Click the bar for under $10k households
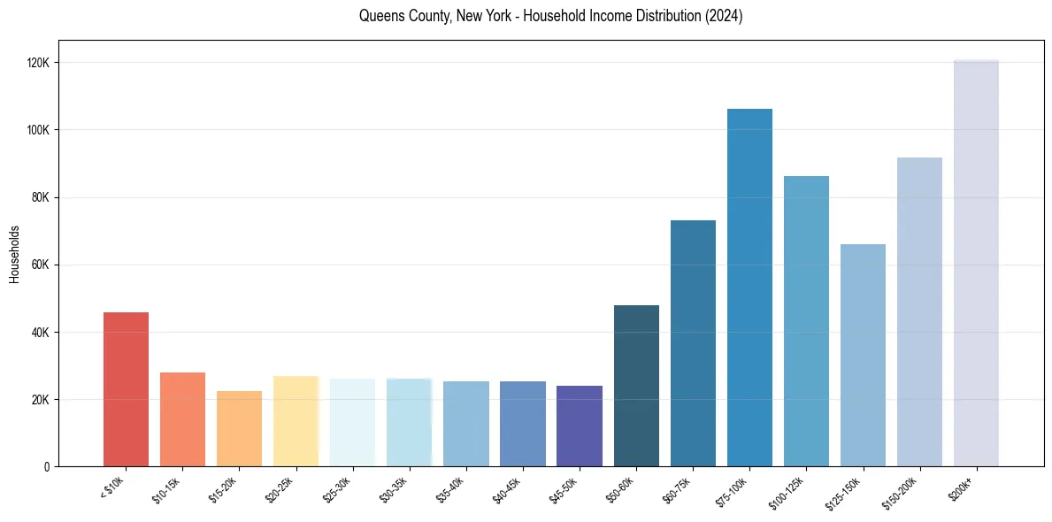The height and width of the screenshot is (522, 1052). tap(126, 389)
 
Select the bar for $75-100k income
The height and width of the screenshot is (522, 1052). tap(749, 288)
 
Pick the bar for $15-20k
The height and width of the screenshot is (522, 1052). tap(239, 428)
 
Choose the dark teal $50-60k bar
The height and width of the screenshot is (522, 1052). tap(636, 386)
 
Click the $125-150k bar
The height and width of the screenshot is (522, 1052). tap(863, 355)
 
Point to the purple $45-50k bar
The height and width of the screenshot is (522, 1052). tap(580, 426)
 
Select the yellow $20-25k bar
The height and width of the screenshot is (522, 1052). tap(296, 421)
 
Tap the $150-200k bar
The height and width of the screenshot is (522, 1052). tap(919, 311)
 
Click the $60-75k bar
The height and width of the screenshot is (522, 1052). tap(693, 343)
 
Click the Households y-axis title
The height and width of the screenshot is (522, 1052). tap(14, 253)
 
